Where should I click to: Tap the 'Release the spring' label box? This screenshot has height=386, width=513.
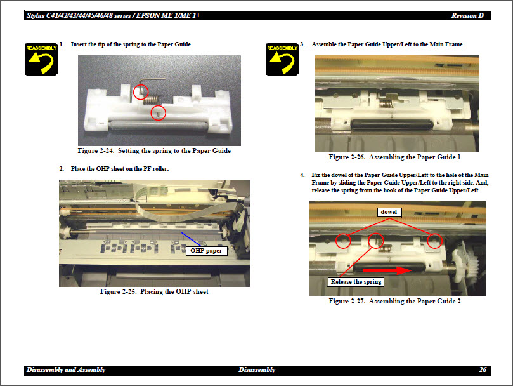click(x=356, y=281)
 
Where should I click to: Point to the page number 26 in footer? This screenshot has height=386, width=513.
click(x=483, y=369)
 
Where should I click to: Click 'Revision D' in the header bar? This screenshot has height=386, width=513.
click(x=470, y=15)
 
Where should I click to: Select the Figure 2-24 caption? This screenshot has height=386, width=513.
click(x=154, y=151)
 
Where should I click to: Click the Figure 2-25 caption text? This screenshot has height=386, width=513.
click(x=154, y=292)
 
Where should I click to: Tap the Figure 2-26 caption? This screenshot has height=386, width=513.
click(x=394, y=157)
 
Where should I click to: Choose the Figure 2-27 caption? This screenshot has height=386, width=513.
click(x=394, y=301)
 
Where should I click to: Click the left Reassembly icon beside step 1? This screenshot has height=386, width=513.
click(x=41, y=59)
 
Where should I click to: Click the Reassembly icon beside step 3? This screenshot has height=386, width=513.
click(x=282, y=59)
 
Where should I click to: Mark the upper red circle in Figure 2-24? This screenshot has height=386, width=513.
click(x=141, y=92)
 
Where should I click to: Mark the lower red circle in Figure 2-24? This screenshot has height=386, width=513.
click(x=158, y=112)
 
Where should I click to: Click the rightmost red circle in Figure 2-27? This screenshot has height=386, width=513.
click(x=434, y=241)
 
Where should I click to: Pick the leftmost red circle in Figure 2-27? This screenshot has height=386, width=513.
click(x=343, y=241)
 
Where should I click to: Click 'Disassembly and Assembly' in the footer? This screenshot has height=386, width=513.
click(x=66, y=369)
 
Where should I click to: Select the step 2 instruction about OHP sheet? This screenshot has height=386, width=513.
click(x=119, y=169)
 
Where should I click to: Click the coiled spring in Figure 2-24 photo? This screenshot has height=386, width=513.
click(x=150, y=98)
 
